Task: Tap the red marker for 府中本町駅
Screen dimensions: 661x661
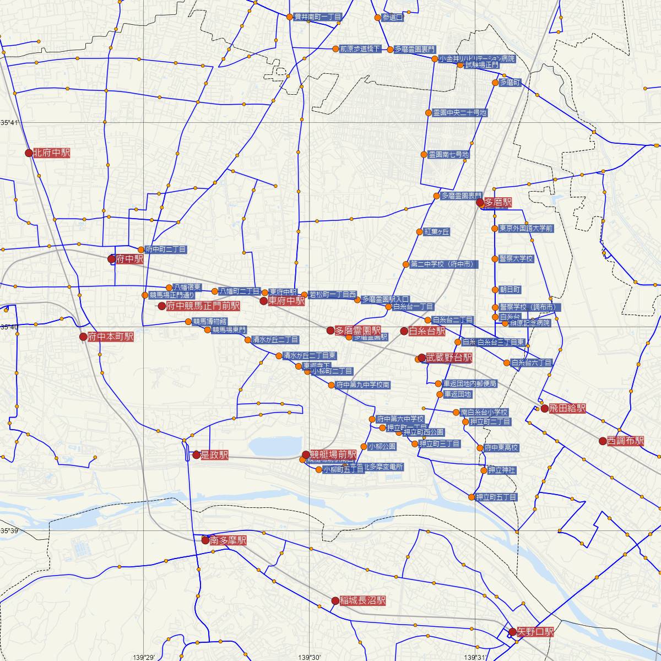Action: click(x=83, y=337)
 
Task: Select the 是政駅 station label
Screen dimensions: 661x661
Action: click(x=214, y=455)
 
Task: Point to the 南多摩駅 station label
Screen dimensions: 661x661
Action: click(x=227, y=541)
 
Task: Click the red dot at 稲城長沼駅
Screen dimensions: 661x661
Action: click(x=335, y=601)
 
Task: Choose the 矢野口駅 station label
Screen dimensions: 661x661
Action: click(x=535, y=632)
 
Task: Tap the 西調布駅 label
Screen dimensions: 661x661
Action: click(x=625, y=441)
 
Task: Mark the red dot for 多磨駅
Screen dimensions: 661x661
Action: click(x=480, y=203)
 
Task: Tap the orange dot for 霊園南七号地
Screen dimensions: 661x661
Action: click(x=424, y=155)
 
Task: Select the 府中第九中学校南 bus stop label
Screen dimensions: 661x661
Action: click(x=362, y=385)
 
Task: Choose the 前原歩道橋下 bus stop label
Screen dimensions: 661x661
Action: click(x=360, y=49)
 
